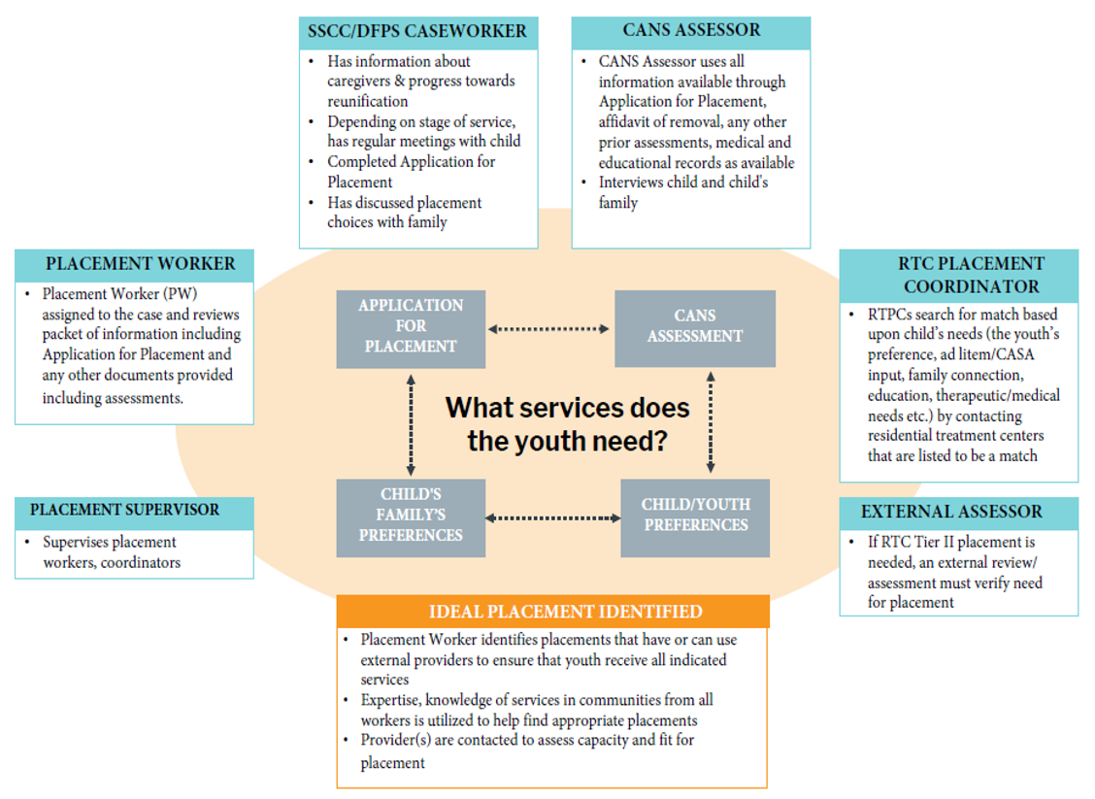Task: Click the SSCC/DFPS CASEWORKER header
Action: pyautogui.click(x=418, y=32)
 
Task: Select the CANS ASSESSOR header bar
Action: pyautogui.click(x=691, y=32)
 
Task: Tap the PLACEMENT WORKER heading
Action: pyautogui.click(x=135, y=264)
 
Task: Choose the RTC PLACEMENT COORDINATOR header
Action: pyautogui.click(x=958, y=275)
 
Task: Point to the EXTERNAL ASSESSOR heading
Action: pyautogui.click(x=958, y=512)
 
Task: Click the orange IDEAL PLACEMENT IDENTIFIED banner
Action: pyautogui.click(x=552, y=612)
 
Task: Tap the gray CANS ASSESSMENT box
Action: pyautogui.click(x=695, y=327)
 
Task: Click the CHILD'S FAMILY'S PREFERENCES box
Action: pyautogui.click(x=411, y=516)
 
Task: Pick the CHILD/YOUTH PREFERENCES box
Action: pyautogui.click(x=695, y=516)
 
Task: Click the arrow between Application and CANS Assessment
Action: pyautogui.click(x=549, y=329)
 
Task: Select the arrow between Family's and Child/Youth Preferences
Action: pyautogui.click(x=552, y=518)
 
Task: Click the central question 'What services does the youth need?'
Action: pyautogui.click(x=567, y=423)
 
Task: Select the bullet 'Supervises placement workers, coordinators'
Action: pyautogui.click(x=111, y=552)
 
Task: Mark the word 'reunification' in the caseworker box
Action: pyautogui.click(x=367, y=101)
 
